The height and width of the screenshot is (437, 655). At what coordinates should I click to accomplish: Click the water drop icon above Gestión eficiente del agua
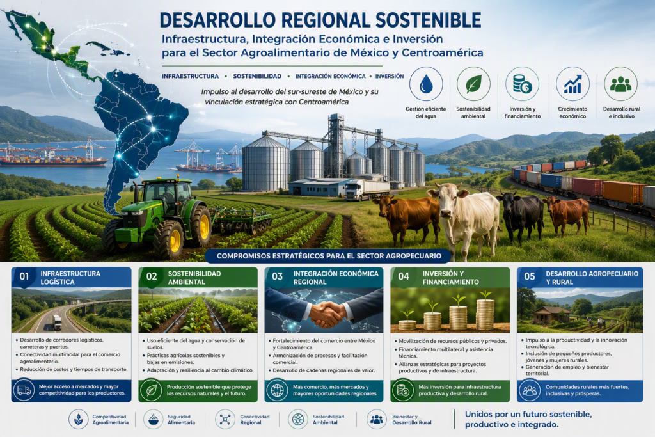[426, 84]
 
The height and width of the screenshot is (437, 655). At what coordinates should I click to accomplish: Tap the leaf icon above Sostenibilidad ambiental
[473, 84]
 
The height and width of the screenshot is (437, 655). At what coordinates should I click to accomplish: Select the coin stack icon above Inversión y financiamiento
[522, 84]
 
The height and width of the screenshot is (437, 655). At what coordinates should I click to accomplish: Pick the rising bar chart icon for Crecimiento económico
[572, 84]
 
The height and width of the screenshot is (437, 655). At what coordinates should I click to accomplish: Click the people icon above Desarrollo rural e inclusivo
[620, 84]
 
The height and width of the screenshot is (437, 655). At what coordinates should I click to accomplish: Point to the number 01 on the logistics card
[24, 276]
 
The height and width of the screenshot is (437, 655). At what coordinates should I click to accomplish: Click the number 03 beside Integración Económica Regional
[278, 276]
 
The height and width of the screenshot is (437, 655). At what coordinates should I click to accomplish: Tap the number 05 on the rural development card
[530, 276]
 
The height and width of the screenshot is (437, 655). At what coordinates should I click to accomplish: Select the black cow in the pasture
[519, 213]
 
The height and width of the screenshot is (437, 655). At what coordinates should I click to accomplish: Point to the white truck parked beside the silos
[367, 189]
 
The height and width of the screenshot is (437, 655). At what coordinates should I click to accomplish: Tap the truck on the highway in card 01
[57, 322]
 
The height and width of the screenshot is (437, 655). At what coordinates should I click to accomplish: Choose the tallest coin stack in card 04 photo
[485, 314]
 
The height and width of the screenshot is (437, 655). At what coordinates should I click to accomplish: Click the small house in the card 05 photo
[547, 315]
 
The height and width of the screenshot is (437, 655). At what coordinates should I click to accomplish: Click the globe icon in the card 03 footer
[277, 390]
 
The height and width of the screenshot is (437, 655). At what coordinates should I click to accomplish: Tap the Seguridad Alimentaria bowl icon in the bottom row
[154, 419]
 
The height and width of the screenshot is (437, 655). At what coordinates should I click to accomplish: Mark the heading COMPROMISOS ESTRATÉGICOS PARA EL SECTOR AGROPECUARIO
[329, 256]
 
